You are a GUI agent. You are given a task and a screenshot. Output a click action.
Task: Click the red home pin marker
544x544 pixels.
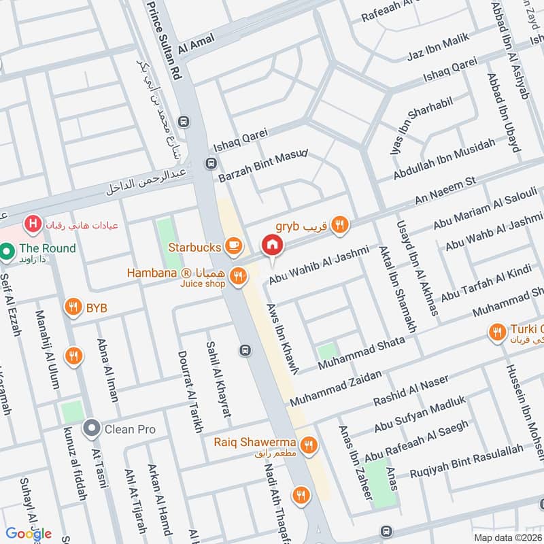tap(272, 245)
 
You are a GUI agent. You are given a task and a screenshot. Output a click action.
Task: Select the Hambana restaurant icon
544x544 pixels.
tap(238, 275)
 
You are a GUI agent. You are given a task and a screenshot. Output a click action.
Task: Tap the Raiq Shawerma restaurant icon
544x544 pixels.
tap(309, 445)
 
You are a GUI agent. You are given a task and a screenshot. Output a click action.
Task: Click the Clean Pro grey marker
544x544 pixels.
tap(91, 428)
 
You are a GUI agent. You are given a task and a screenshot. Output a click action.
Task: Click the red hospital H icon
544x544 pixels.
tap(31, 223)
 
